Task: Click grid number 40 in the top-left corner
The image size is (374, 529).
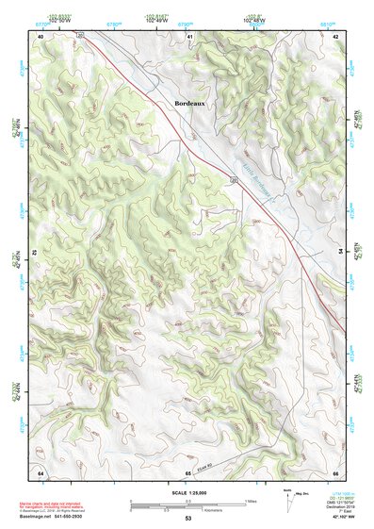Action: tap(41, 35)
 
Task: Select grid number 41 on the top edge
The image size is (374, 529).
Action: tap(189, 35)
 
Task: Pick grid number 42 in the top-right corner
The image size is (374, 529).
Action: tap(336, 35)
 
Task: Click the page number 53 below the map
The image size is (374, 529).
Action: tap(188, 519)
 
